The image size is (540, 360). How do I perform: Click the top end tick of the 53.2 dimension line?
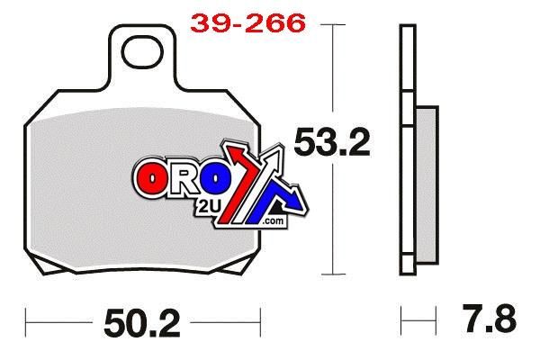334,25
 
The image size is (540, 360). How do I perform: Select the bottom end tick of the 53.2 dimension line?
334,274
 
